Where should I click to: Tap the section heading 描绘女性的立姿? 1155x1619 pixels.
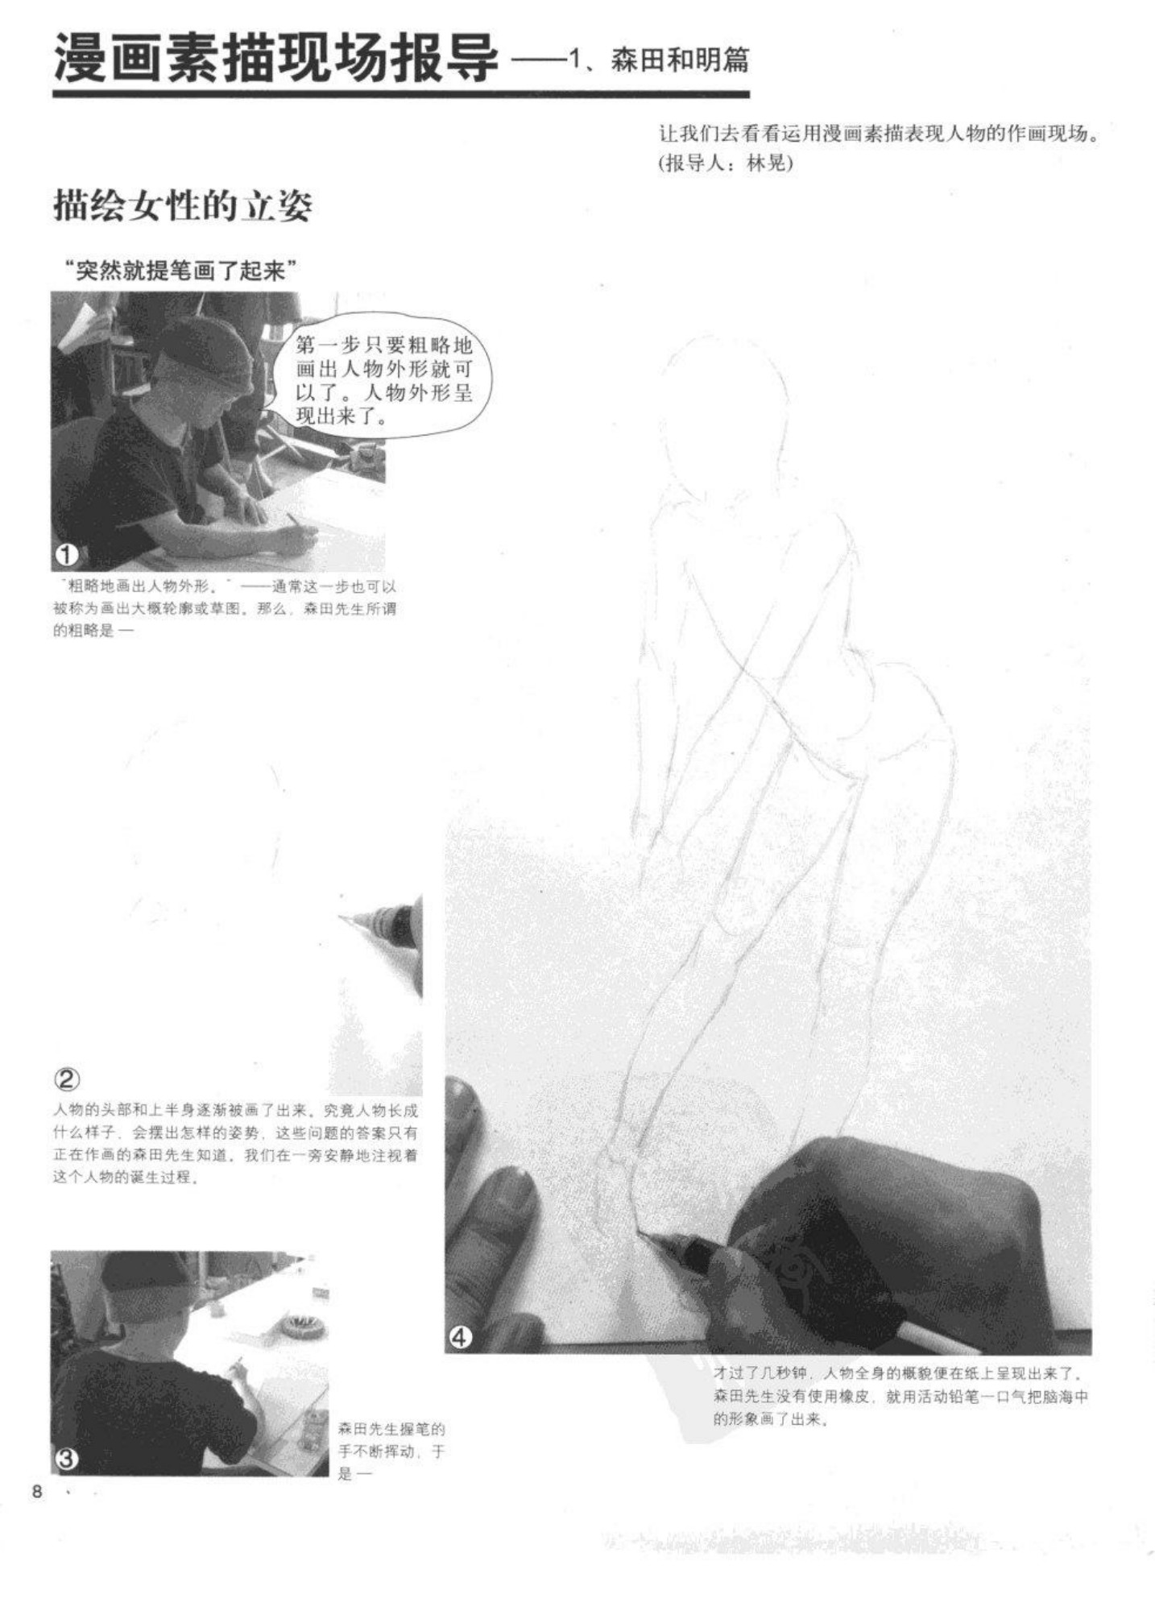click(x=183, y=206)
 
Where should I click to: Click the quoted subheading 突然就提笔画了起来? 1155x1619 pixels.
click(x=178, y=271)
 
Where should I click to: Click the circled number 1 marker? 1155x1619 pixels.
click(x=67, y=555)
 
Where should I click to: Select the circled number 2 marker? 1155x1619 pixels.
click(x=67, y=1079)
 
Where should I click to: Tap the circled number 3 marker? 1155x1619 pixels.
click(x=67, y=1459)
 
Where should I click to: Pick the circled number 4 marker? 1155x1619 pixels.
click(x=460, y=1338)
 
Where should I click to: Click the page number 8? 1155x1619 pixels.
click(x=36, y=1492)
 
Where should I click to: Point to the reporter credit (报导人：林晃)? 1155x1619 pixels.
click(x=725, y=163)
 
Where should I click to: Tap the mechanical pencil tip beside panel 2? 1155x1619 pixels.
click(x=342, y=917)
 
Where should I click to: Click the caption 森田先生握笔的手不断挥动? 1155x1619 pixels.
click(x=391, y=1451)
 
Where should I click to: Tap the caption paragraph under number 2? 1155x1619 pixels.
click(x=235, y=1144)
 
